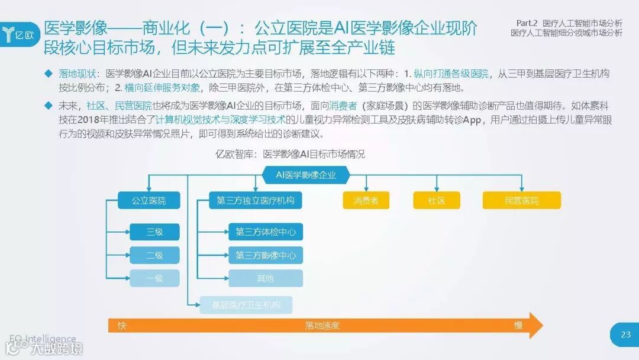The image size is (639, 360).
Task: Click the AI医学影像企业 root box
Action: [306, 175]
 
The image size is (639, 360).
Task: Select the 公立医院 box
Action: [149, 201]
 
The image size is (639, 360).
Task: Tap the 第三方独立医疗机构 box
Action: [256, 201]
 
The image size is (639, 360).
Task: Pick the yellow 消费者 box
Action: [366, 201]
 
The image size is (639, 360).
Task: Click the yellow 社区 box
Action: [437, 201]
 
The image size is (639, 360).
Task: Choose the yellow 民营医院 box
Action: [522, 201]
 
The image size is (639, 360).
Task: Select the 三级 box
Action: [154, 232]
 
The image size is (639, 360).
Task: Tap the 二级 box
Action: [154, 255]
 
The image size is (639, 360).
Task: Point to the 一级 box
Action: [154, 278]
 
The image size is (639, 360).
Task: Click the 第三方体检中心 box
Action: [266, 232]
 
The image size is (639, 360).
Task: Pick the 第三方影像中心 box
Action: [266, 255]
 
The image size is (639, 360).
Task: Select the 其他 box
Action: [266, 278]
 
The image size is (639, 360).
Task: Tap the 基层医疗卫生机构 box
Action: [246, 305]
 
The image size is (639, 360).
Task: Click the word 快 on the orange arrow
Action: [122, 326]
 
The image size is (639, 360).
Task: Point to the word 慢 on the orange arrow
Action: [518, 326]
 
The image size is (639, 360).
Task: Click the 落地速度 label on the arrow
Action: [322, 326]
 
